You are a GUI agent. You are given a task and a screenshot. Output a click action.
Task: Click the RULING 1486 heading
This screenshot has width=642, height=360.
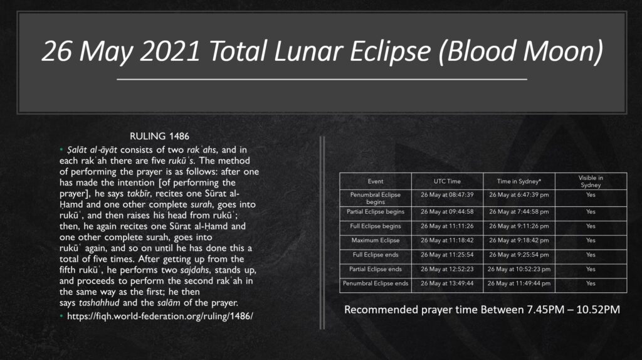pyautogui.click(x=159, y=136)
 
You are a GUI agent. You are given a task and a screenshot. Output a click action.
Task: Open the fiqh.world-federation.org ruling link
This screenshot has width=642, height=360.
pyautogui.click(x=160, y=316)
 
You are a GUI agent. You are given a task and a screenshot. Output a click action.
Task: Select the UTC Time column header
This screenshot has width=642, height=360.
pyautogui.click(x=447, y=181)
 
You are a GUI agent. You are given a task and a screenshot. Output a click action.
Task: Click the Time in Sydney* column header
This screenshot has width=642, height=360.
pyautogui.click(x=518, y=181)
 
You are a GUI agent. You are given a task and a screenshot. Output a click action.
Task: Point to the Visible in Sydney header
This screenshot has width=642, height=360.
pyautogui.click(x=591, y=181)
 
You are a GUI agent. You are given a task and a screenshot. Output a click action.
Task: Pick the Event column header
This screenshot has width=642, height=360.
pyautogui.click(x=376, y=181)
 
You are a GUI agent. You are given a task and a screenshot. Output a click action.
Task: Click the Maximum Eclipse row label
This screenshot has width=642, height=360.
pyautogui.click(x=376, y=240)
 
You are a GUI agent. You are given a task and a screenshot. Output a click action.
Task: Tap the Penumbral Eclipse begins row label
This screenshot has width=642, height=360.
pyautogui.click(x=376, y=198)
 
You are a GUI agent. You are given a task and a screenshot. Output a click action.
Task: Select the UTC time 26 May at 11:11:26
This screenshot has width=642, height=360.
pyautogui.click(x=447, y=226)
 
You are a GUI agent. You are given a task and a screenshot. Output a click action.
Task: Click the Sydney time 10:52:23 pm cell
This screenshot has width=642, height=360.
pyautogui.click(x=518, y=269)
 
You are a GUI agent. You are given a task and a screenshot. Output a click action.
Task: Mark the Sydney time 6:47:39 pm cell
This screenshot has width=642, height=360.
pyautogui.click(x=518, y=195)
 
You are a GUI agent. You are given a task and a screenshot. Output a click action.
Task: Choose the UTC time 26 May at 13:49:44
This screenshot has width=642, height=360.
pyautogui.click(x=447, y=283)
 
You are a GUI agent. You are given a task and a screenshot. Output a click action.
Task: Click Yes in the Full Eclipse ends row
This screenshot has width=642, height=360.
pyautogui.click(x=591, y=255)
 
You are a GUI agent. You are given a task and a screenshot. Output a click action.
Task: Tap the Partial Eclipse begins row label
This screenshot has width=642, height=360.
pyautogui.click(x=376, y=212)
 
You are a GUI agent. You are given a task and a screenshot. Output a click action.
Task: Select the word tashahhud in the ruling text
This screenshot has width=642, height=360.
pyautogui.click(x=99, y=303)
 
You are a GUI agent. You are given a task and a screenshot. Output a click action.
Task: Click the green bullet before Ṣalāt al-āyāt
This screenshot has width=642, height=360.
pyautogui.click(x=61, y=149)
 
